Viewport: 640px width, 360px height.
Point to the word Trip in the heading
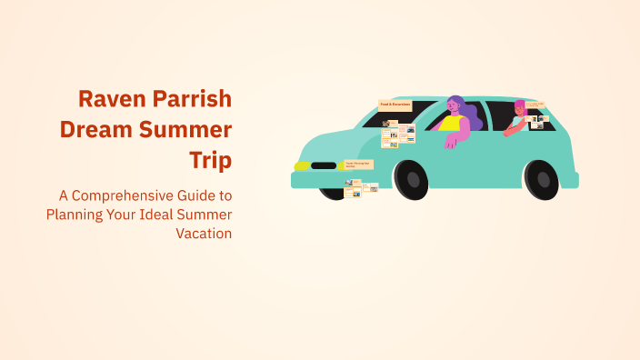coord(210,160)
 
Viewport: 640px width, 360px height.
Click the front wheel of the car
coord(411,178)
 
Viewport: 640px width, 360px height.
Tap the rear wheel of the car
coord(542,178)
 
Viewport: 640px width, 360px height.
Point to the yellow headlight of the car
coord(301,165)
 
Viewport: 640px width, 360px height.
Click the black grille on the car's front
coord(324,165)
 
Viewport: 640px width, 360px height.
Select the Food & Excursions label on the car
coord(395,105)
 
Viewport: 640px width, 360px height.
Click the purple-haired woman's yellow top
coord(452,123)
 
